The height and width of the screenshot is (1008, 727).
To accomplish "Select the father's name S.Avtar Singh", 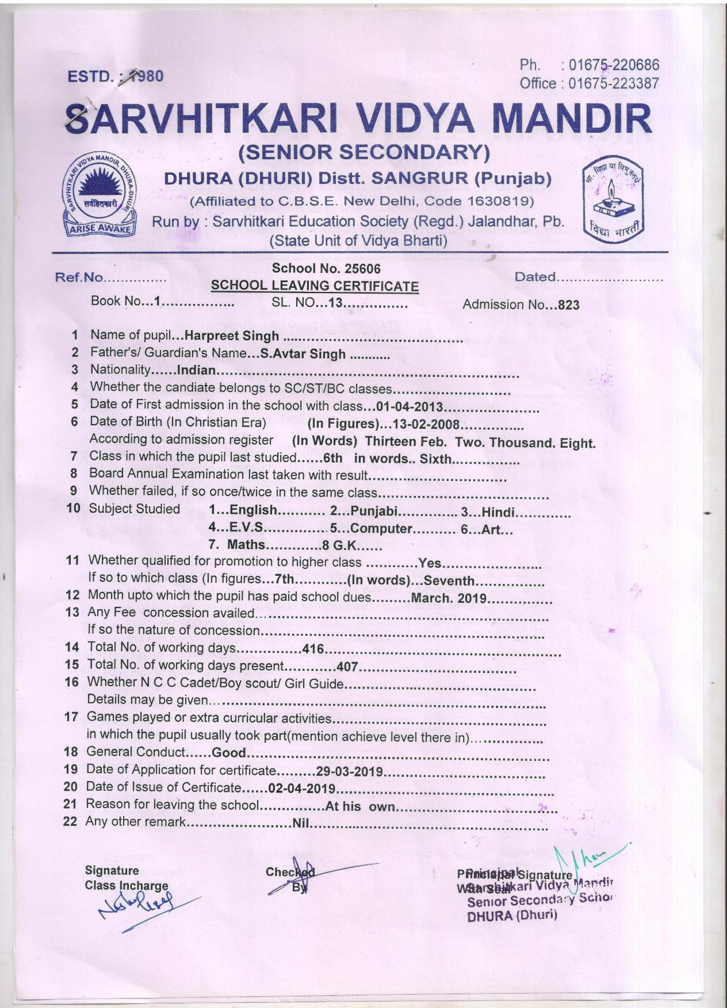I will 303,353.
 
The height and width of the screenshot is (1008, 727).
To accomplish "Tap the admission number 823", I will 568,305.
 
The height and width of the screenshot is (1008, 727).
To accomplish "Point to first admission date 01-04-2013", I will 410,407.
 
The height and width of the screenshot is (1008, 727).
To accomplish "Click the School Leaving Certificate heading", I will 315,286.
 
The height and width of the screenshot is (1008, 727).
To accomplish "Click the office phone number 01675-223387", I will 613,84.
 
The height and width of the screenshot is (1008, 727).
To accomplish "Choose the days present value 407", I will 347,667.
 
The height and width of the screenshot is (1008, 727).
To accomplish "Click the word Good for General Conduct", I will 229,753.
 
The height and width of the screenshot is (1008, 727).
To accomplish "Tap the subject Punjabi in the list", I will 374,511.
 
